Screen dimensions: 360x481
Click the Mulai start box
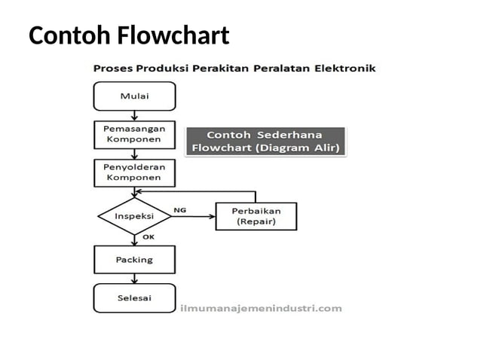click(x=134, y=96)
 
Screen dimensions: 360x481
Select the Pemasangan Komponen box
click(x=134, y=135)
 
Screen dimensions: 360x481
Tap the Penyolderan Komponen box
click(x=134, y=172)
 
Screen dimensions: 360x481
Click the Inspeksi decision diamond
click(x=134, y=216)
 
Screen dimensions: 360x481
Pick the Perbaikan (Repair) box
click(x=256, y=216)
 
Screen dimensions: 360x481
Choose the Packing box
click(x=134, y=260)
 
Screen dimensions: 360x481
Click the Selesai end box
click(x=134, y=298)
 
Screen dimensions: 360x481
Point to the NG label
click(x=179, y=209)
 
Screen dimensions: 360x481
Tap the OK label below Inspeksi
click(x=149, y=237)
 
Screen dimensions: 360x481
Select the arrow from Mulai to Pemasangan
click(x=134, y=115)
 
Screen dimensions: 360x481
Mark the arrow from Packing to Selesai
click(x=134, y=279)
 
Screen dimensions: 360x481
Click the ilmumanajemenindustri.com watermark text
click(x=262, y=308)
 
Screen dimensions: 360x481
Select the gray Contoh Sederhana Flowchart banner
click(x=265, y=141)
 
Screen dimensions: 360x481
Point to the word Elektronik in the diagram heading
click(x=347, y=69)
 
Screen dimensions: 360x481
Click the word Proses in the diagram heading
click(x=112, y=69)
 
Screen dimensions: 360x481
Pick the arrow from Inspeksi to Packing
click(x=134, y=239)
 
